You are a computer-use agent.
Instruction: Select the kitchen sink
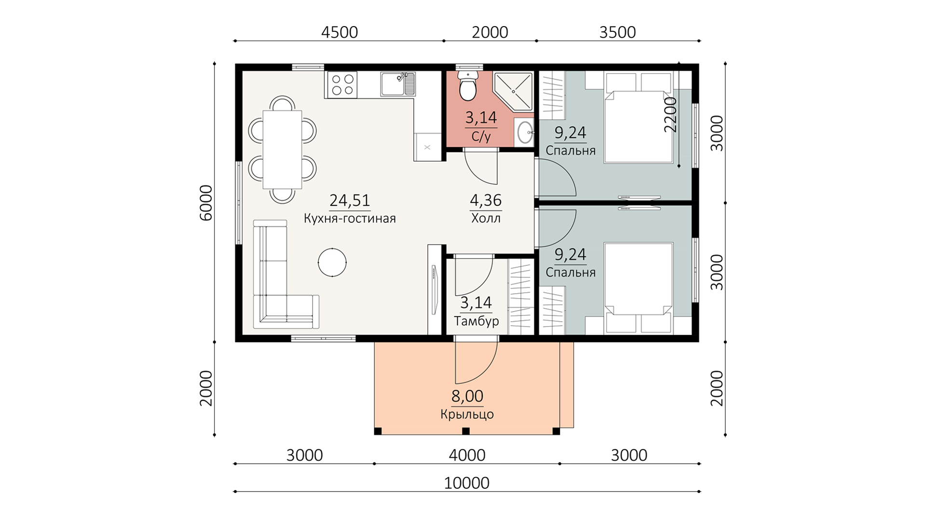coord(398,84)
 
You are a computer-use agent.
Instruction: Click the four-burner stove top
coord(341,84)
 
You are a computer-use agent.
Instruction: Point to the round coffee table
coord(332,262)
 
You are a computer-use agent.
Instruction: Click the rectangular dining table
coord(282,149)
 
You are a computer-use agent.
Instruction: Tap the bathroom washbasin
coord(524,131)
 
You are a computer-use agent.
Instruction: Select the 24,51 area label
coord(350,200)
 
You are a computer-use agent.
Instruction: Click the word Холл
coord(486,219)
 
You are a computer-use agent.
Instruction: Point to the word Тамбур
coord(477,321)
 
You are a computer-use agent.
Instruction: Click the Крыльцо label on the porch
coord(467,414)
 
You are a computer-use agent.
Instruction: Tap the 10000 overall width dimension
coord(467,483)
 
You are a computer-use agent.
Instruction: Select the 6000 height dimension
coord(206,203)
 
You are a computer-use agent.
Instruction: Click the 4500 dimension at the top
coord(340,32)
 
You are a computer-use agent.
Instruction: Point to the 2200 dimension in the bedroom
coord(670,115)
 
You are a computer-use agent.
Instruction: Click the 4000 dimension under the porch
coord(467,455)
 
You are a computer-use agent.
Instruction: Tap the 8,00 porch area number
coord(467,396)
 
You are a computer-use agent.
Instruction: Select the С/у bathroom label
coord(481,137)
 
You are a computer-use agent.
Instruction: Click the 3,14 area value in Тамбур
coord(476,303)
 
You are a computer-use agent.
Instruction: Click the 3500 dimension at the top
coord(617,32)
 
